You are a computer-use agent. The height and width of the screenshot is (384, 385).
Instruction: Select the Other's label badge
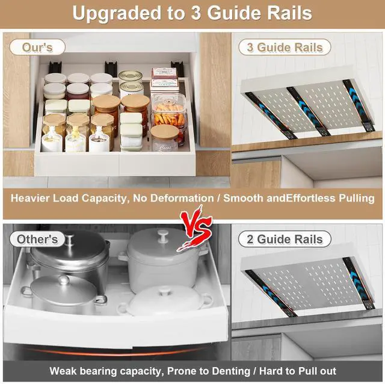pos(37,240)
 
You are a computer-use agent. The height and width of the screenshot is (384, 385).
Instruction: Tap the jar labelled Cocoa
pos(164,138)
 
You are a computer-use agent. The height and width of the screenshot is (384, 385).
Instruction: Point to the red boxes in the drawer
pos(163,78)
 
